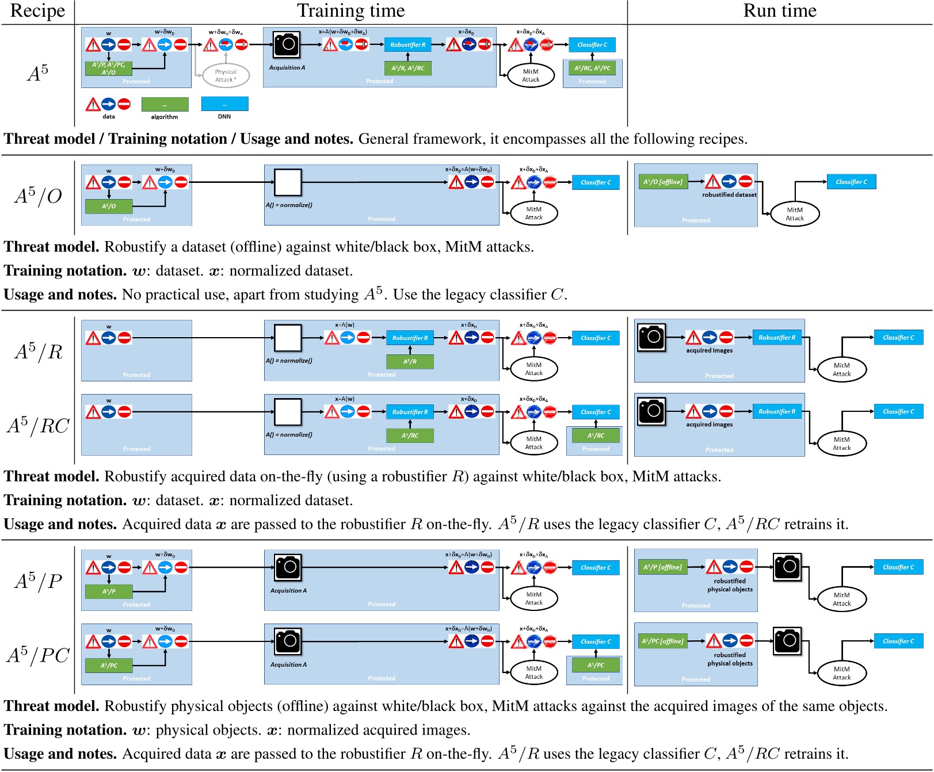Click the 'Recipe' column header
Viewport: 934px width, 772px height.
click(37, 11)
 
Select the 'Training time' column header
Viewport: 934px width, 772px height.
click(350, 11)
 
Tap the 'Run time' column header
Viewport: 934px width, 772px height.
click(780, 11)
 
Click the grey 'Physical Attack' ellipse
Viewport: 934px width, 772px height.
click(226, 75)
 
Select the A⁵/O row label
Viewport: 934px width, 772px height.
click(38, 196)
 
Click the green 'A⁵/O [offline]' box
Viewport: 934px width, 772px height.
click(663, 182)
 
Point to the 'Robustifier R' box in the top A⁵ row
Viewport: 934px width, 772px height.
click(407, 45)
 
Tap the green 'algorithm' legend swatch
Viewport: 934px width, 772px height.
click(165, 104)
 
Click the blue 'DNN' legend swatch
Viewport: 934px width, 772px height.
click(224, 104)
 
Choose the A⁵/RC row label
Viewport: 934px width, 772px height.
click(38, 426)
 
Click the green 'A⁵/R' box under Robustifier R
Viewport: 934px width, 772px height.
click(410, 361)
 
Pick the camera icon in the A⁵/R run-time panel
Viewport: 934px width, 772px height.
click(651, 337)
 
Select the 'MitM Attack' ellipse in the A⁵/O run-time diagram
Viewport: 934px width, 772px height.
click(795, 213)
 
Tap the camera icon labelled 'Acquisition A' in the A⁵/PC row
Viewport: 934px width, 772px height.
click(288, 641)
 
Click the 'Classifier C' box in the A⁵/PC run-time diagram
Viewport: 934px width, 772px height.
click(898, 641)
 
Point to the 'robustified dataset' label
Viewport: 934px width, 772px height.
click(729, 194)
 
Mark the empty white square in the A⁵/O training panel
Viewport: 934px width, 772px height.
click(288, 182)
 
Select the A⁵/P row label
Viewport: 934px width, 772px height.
click(38, 581)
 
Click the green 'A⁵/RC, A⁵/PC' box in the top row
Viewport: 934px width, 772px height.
click(592, 68)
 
